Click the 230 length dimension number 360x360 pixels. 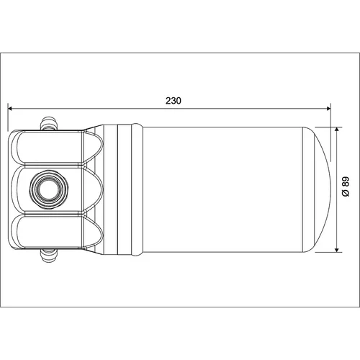(x=174, y=101)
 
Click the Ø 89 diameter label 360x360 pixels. (x=346, y=187)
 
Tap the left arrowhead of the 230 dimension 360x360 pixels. (x=10, y=109)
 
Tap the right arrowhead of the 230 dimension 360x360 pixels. (x=328, y=109)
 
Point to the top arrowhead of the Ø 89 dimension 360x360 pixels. (x=337, y=130)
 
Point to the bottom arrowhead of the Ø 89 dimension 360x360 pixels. (x=337, y=250)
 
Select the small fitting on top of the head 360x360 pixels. (x=49, y=124)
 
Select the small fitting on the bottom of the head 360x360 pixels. (x=49, y=256)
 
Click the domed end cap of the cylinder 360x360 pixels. (x=317, y=189)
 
